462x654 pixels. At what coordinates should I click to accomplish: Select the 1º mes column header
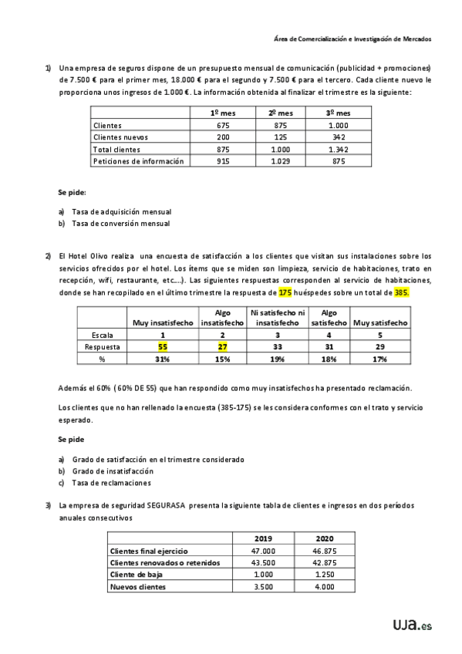222,113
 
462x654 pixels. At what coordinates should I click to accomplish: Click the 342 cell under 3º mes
337,137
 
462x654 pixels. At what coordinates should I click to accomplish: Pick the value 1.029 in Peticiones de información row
280,161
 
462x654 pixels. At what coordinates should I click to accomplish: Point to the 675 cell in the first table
222,125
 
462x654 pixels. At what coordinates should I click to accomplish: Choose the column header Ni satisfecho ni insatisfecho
278,318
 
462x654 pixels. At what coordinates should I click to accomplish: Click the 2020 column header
325,538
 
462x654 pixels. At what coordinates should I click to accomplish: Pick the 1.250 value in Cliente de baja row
325,575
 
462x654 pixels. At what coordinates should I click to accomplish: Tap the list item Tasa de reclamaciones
112,483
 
